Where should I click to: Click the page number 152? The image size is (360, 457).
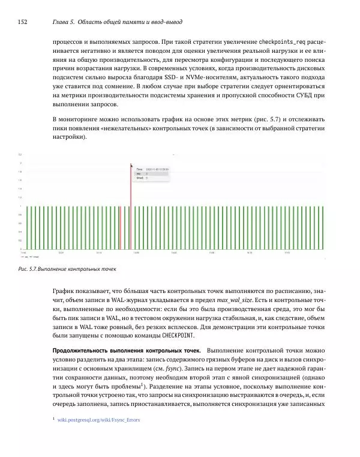[x=23, y=22]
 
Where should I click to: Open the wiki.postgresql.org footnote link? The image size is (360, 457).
[x=98, y=420]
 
